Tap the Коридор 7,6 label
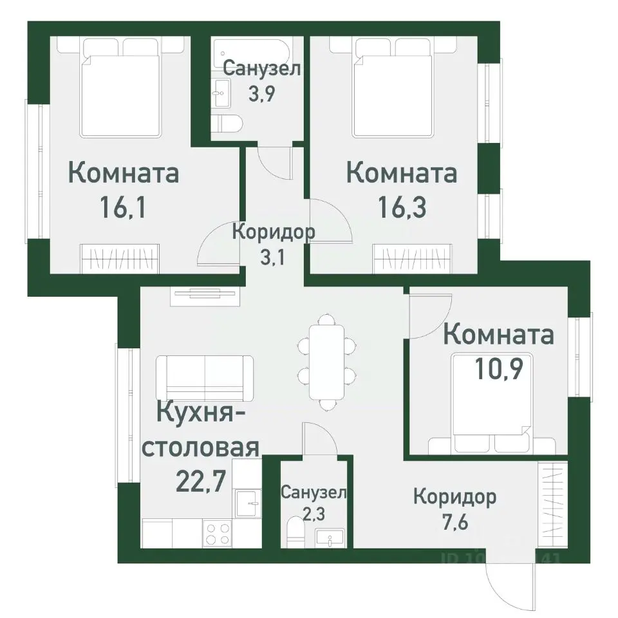coord(454,508)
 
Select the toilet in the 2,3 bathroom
coord(297,532)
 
